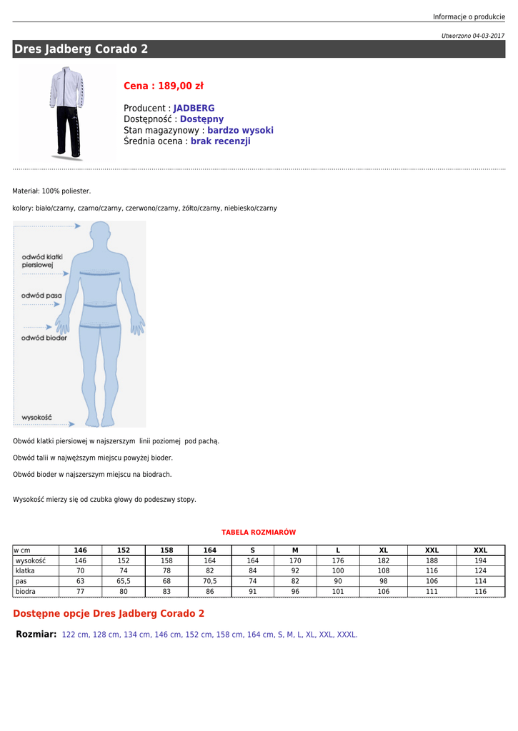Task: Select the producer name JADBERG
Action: click(194, 109)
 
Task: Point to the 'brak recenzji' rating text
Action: click(220, 141)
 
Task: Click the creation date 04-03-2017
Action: click(488, 36)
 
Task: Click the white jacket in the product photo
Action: click(66, 89)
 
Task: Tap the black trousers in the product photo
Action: click(67, 131)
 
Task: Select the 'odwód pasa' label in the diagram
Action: click(41, 295)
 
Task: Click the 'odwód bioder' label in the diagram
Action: click(44, 338)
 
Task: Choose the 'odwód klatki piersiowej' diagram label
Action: click(42, 261)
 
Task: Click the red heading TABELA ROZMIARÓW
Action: click(259, 533)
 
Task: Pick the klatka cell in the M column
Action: click(295, 571)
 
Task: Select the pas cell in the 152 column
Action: click(124, 581)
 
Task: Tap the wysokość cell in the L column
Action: click(338, 561)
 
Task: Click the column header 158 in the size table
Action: click(166, 550)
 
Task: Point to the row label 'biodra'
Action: click(26, 592)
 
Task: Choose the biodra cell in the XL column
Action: click(384, 592)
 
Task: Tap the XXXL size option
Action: click(346, 635)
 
